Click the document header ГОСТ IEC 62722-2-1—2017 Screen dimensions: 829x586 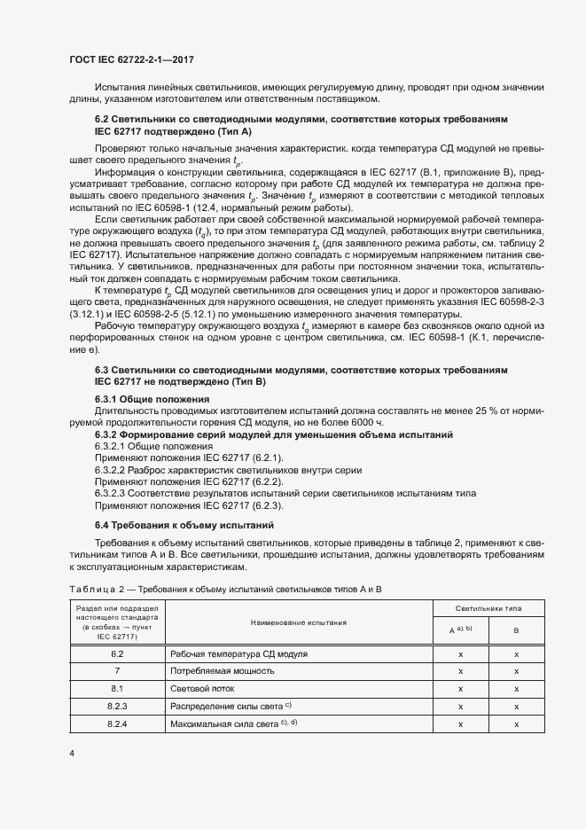[x=130, y=59]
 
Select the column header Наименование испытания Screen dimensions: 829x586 [x=297, y=623]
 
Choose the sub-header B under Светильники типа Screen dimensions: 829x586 [x=516, y=631]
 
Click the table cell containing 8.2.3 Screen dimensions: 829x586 [x=117, y=706]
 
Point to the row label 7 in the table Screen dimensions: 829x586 [x=117, y=670]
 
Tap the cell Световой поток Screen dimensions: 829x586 [x=203, y=688]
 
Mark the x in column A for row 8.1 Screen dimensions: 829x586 [x=460, y=688]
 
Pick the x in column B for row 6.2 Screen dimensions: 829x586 [x=516, y=653]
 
